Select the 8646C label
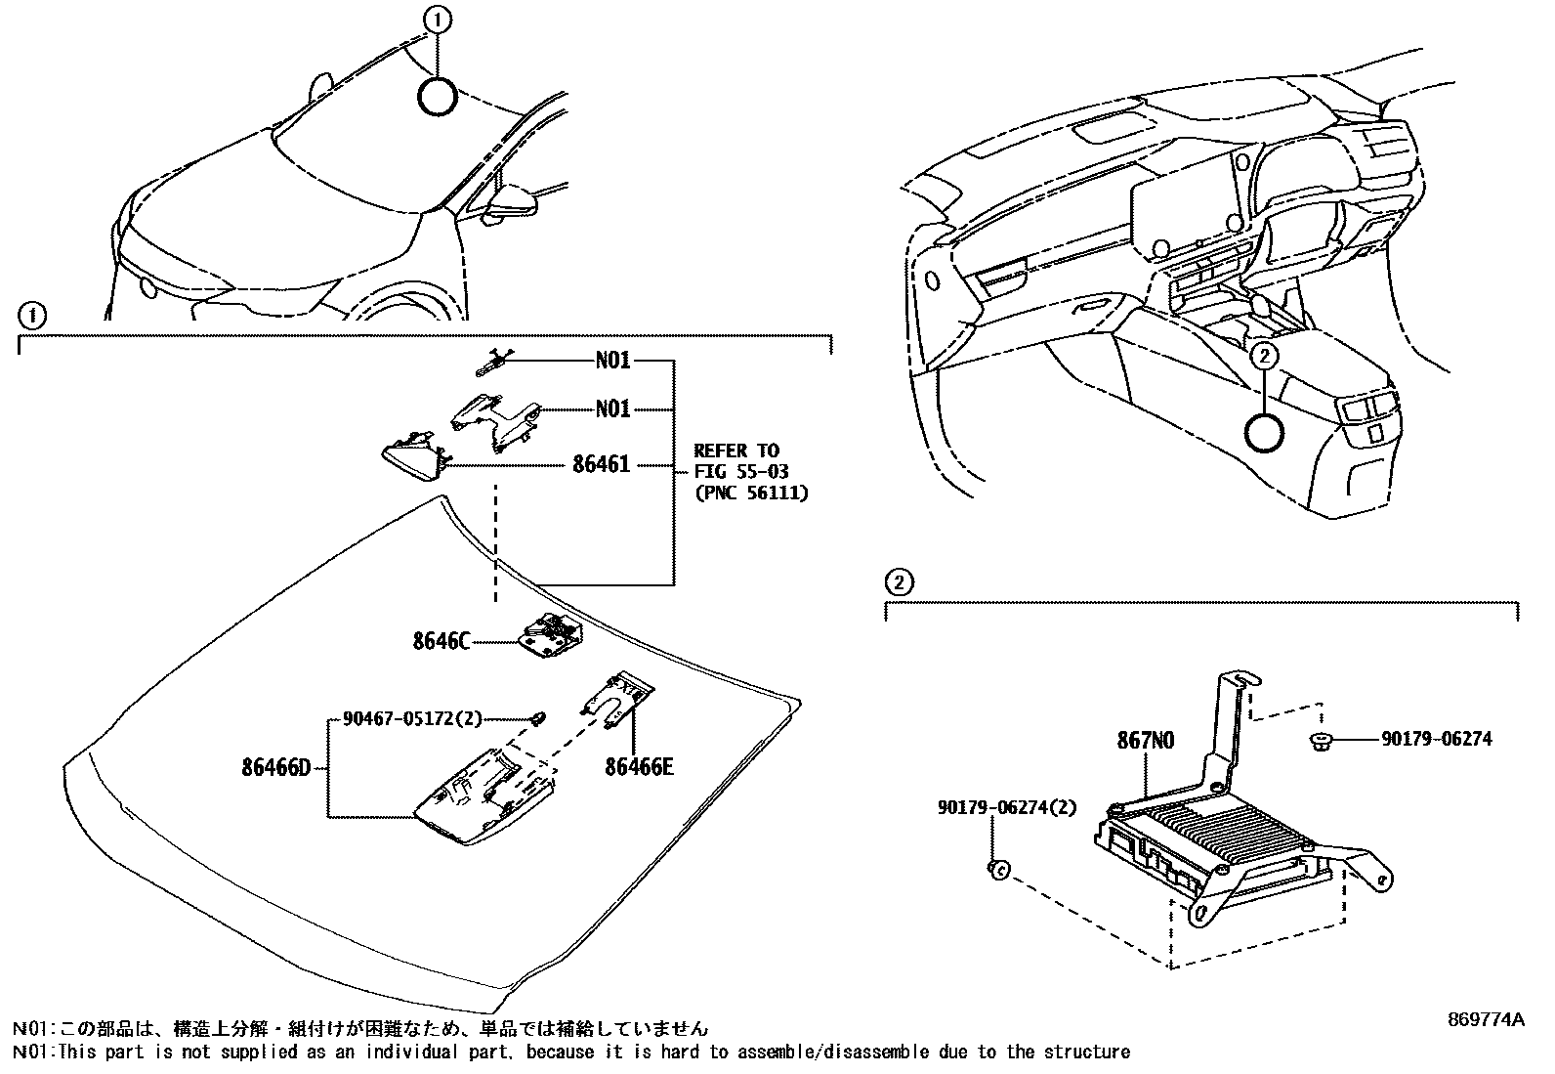pyautogui.click(x=441, y=642)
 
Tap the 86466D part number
pyautogui.click(x=275, y=767)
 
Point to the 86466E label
pyautogui.click(x=639, y=767)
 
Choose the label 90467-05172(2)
pyautogui.click(x=412, y=719)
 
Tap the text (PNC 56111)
pyautogui.click(x=750, y=494)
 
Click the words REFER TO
pyautogui.click(x=736, y=451)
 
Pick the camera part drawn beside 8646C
pyautogui.click(x=552, y=636)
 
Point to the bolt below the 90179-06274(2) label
pyautogui.click(x=997, y=868)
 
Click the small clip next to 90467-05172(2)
pyautogui.click(x=538, y=720)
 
